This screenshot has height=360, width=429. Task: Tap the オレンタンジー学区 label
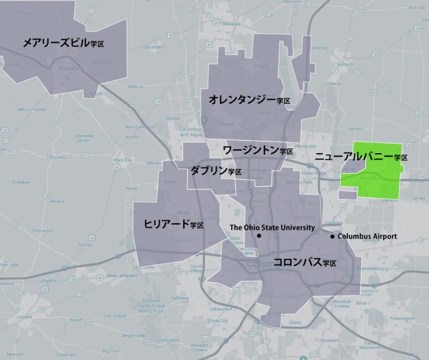click(249, 100)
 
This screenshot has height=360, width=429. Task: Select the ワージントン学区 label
click(258, 150)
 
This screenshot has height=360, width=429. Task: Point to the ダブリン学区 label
click(216, 171)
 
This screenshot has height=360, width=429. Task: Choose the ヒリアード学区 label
click(173, 225)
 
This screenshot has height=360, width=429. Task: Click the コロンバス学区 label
click(304, 262)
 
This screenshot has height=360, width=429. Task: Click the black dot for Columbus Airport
click(333, 237)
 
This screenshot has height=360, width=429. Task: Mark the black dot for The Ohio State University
click(260, 236)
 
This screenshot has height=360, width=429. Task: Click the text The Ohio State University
click(272, 228)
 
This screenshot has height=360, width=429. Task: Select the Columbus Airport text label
click(368, 237)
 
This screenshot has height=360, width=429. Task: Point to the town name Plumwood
click(41, 230)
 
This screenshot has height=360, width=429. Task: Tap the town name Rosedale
click(21, 182)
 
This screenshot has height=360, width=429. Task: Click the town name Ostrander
click(152, 48)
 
